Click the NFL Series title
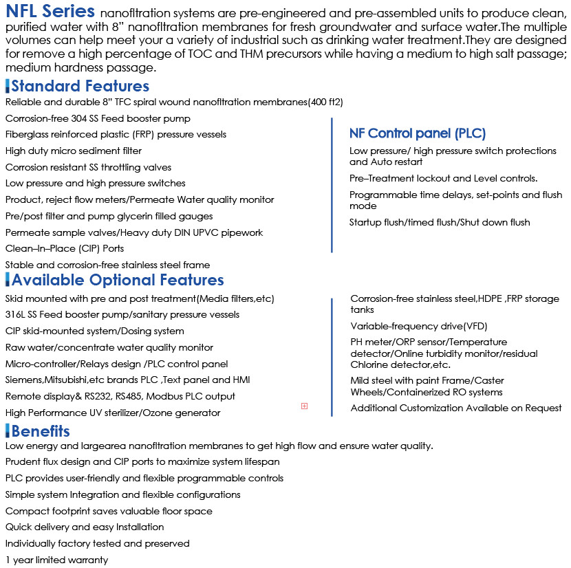50,12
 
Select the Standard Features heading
80,86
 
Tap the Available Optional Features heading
118,280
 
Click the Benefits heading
41,431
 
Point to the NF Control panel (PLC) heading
417,133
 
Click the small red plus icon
304,406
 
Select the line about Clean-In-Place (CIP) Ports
65,248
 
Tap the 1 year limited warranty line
56,560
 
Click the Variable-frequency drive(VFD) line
418,326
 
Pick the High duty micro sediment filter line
74,151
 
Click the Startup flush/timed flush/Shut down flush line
440,222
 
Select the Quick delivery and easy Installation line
85,527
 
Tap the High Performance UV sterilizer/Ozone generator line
113,413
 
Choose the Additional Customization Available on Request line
455,408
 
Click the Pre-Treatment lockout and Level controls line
443,178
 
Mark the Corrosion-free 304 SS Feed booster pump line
98,118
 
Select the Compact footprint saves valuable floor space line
109,511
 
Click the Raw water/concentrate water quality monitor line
109,347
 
